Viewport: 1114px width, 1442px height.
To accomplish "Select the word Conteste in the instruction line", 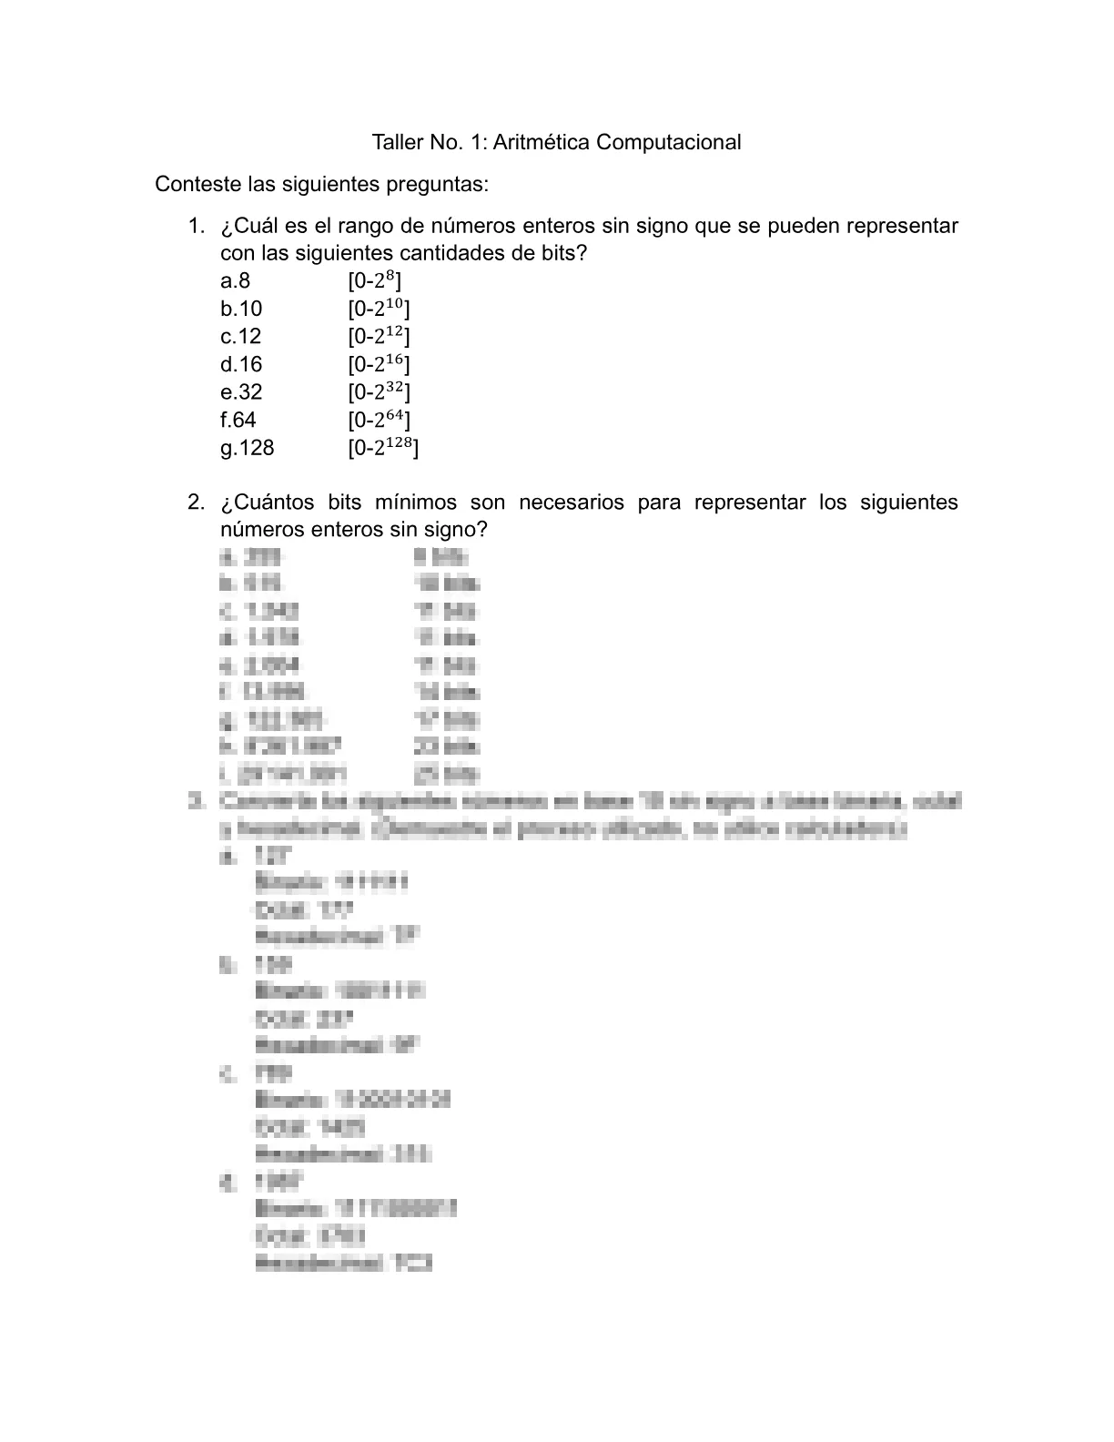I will point(192,184).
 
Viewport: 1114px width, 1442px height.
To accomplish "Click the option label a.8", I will point(235,280).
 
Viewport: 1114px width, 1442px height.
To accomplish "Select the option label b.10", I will point(240,309).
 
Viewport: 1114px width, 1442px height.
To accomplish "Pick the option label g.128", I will point(247,448).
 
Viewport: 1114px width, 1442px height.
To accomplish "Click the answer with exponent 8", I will point(374,280).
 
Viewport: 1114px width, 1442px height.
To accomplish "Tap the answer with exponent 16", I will point(379,364).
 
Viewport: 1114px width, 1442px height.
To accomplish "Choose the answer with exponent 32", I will point(379,392).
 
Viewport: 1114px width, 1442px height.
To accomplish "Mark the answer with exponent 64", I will point(379,420).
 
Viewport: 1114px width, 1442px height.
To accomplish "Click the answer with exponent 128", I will point(383,448).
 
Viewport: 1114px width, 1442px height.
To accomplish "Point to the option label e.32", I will point(240,392).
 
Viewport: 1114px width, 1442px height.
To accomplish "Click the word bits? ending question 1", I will point(562,253).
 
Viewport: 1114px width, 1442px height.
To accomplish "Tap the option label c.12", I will point(240,336).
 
